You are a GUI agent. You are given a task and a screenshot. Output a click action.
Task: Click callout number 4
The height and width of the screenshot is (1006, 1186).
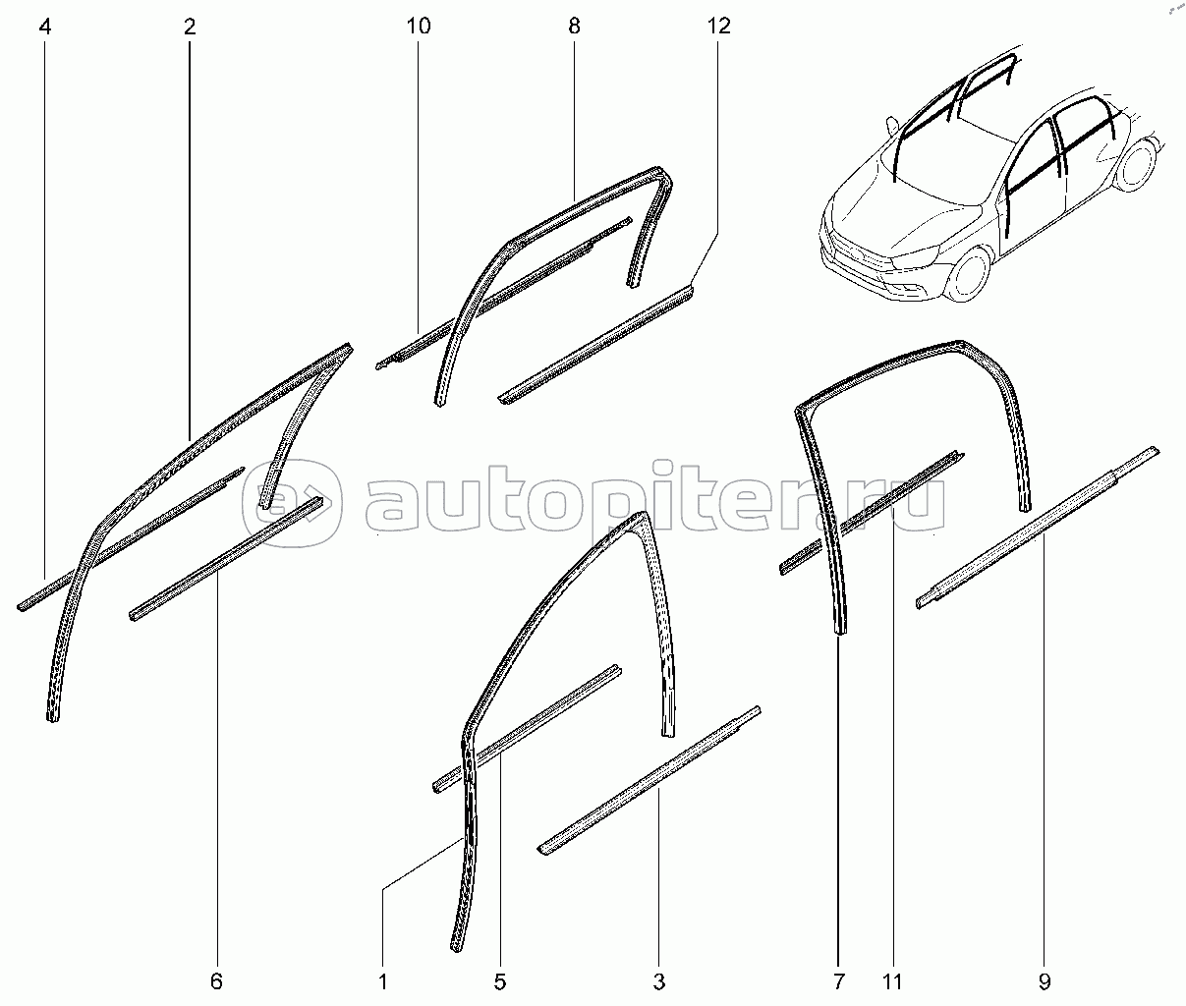click(x=45, y=27)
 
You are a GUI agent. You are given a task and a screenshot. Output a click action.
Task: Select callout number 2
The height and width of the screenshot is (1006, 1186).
click(x=189, y=27)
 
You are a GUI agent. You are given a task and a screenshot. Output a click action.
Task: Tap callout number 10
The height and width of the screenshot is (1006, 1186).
click(x=418, y=27)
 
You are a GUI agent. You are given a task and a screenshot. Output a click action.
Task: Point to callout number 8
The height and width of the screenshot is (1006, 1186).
click(x=574, y=27)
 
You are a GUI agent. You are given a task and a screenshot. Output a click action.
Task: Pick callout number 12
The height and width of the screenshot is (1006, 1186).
click(x=719, y=27)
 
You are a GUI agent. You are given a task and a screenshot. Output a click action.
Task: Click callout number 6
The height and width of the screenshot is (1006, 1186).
click(x=217, y=980)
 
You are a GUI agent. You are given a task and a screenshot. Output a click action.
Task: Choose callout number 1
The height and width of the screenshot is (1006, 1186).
click(x=383, y=980)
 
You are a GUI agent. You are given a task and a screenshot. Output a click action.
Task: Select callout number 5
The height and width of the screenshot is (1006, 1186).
click(x=500, y=980)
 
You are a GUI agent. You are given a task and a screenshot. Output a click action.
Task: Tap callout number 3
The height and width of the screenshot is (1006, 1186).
click(x=659, y=980)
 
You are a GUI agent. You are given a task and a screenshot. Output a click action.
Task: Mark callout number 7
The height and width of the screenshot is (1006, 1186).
click(x=838, y=980)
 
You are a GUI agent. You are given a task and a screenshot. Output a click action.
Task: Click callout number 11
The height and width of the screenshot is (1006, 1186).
click(x=892, y=980)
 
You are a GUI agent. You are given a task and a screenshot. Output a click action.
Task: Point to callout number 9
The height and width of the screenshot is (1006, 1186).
click(x=1045, y=980)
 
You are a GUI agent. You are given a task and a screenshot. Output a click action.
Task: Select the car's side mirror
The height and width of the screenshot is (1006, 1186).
click(x=890, y=124)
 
